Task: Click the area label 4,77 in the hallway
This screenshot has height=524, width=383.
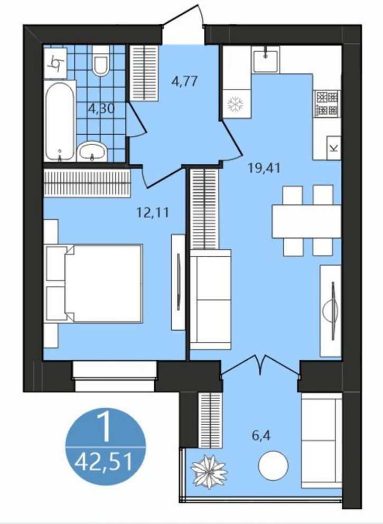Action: point(185,81)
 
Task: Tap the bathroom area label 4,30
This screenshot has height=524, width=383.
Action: point(101,109)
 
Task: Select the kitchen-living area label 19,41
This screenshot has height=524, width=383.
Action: point(264,168)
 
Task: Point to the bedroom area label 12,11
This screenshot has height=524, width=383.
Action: point(153,212)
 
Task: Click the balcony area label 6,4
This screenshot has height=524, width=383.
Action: point(261,436)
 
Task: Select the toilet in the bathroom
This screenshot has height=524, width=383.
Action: point(101,61)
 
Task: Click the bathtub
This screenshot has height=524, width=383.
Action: point(60,121)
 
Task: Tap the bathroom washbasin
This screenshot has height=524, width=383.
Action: point(92,152)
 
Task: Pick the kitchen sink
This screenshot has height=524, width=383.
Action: point(265,60)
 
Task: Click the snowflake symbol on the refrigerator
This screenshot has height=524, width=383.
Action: point(236,104)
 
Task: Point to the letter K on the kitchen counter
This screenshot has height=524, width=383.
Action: point(333,148)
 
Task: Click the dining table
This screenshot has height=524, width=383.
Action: point(306,221)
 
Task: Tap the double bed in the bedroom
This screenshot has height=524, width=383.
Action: point(94,284)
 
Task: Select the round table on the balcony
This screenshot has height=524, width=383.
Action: point(273,465)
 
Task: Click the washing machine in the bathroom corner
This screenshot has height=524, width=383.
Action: point(55,63)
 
